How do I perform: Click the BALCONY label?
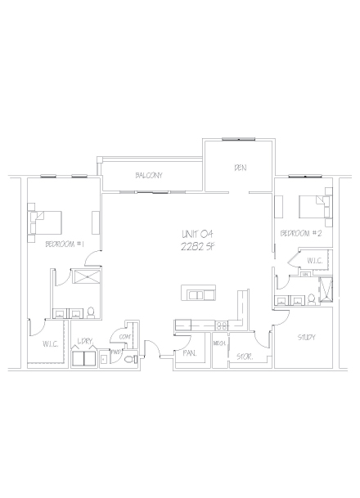pyautogui.click(x=149, y=175)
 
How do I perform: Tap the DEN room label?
pyautogui.click(x=240, y=168)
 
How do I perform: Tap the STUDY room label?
pyautogui.click(x=307, y=337)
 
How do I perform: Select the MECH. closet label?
pyautogui.click(x=219, y=344)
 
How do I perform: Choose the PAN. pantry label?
pyautogui.click(x=189, y=353)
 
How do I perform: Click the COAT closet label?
pyautogui.click(x=125, y=335)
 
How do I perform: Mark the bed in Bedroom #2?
pyautogui.click(x=313, y=206)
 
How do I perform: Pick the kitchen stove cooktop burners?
pyautogui.click(x=221, y=325)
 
